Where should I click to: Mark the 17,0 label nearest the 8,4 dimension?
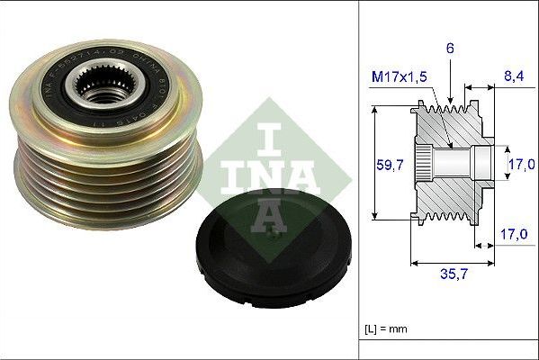522,164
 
